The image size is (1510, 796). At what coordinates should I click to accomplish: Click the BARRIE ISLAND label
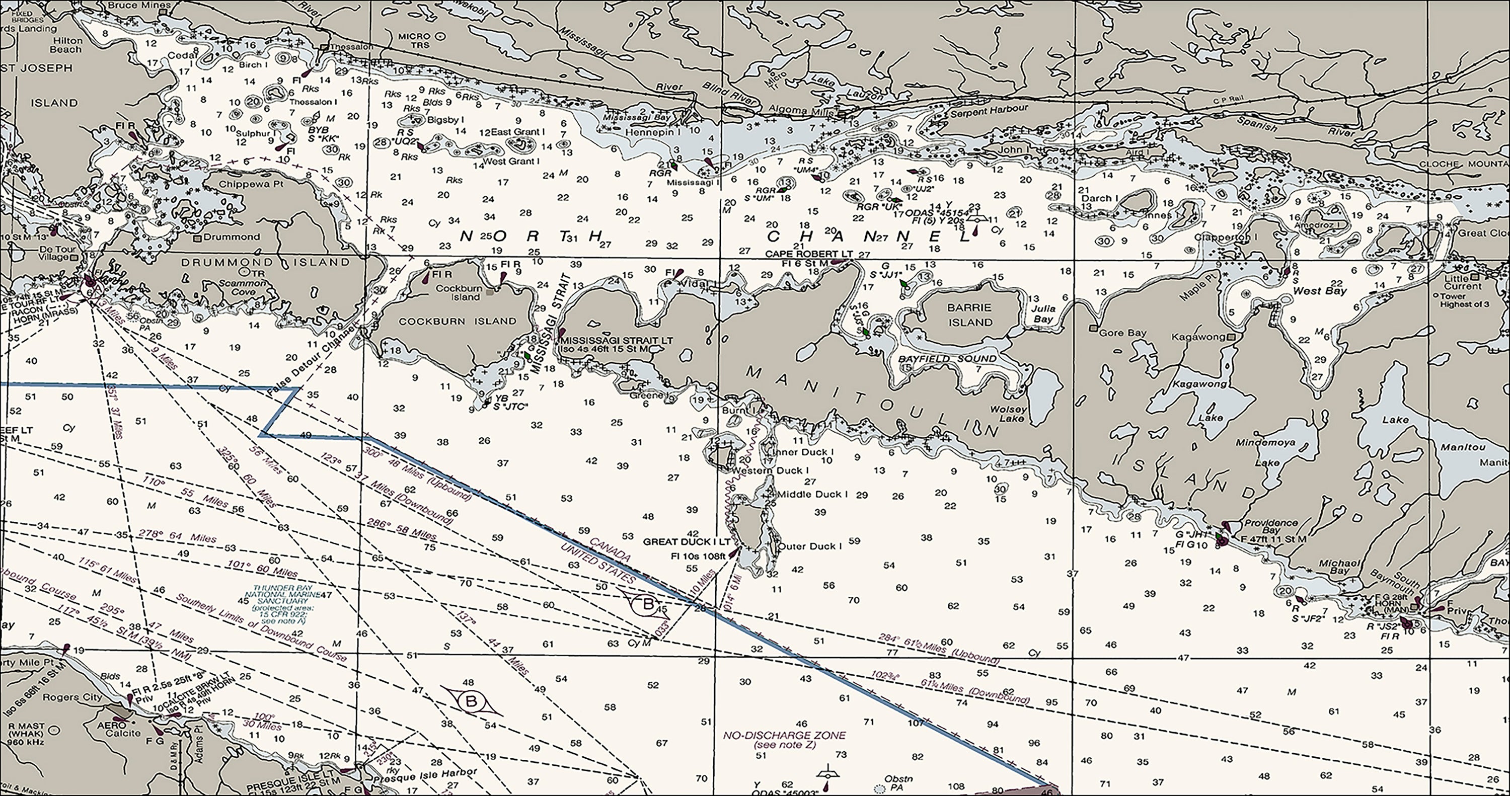[x=970, y=315]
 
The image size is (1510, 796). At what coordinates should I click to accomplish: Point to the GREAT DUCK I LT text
[x=687, y=541]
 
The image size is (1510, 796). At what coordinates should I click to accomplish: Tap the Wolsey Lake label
[x=1008, y=414]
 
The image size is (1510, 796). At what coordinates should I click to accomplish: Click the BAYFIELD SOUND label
[x=947, y=359]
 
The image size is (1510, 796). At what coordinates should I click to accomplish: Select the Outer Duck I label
[x=809, y=546]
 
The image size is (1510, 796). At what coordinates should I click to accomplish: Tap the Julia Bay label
[x=1043, y=313]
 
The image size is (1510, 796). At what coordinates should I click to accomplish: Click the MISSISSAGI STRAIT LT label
[x=616, y=341]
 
